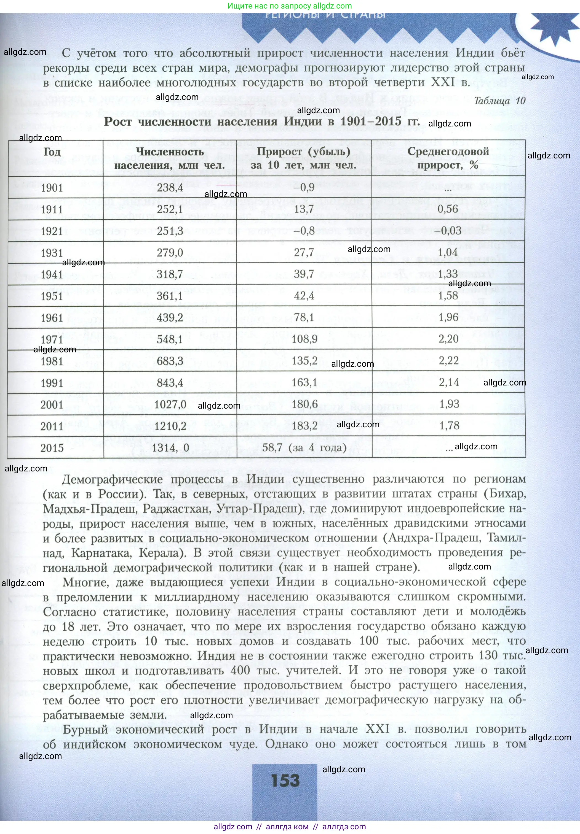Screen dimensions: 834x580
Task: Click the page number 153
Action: (285, 780)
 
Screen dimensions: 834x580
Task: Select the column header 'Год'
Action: (52, 152)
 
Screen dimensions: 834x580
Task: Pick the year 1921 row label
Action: (52, 231)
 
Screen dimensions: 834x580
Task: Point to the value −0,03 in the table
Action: (448, 231)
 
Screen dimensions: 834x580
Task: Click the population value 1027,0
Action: (170, 404)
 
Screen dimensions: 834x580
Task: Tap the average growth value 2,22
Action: (448, 361)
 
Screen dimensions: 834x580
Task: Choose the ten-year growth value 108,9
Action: (304, 339)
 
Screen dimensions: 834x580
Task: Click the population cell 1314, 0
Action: (170, 448)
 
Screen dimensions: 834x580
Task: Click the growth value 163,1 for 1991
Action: (304, 382)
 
